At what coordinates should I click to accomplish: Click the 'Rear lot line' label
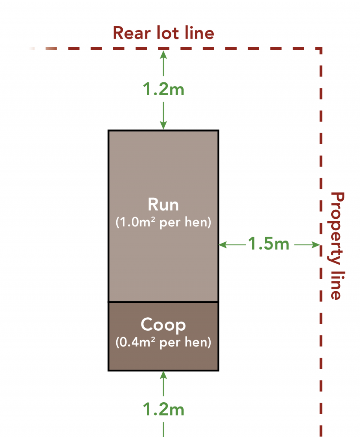point(163,33)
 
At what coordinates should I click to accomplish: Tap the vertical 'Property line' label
point(337,245)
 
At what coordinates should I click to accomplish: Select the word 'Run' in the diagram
point(163,205)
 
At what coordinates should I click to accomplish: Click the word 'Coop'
point(163,325)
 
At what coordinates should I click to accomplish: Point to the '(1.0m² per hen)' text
point(163,223)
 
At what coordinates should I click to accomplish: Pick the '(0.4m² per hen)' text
point(163,343)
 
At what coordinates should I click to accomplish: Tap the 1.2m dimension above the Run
point(163,89)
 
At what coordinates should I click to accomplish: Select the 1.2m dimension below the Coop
point(163,410)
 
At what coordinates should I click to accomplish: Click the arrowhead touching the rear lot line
point(163,53)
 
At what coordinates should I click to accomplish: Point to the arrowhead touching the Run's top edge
point(163,126)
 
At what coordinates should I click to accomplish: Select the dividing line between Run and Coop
point(163,302)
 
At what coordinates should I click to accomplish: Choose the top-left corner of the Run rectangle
point(109,130)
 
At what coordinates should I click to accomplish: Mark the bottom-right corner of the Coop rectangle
point(218,370)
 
